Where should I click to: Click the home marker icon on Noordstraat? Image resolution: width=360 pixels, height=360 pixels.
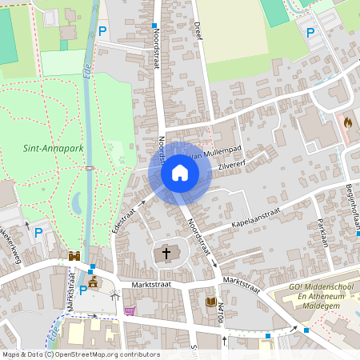click(179, 173)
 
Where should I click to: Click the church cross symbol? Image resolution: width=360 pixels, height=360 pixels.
click(166, 254)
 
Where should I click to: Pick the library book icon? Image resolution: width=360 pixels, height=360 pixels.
click(211, 302)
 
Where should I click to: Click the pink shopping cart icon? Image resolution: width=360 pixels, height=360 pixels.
click(130, 310)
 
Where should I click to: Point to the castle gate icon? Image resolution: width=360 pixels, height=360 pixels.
click(74, 256)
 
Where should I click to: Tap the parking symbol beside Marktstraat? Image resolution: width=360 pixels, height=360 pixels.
click(82, 290)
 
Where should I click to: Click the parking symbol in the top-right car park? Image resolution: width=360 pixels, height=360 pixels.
click(311, 31)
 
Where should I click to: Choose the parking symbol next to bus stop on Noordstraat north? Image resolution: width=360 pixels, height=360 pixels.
click(102, 31)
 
